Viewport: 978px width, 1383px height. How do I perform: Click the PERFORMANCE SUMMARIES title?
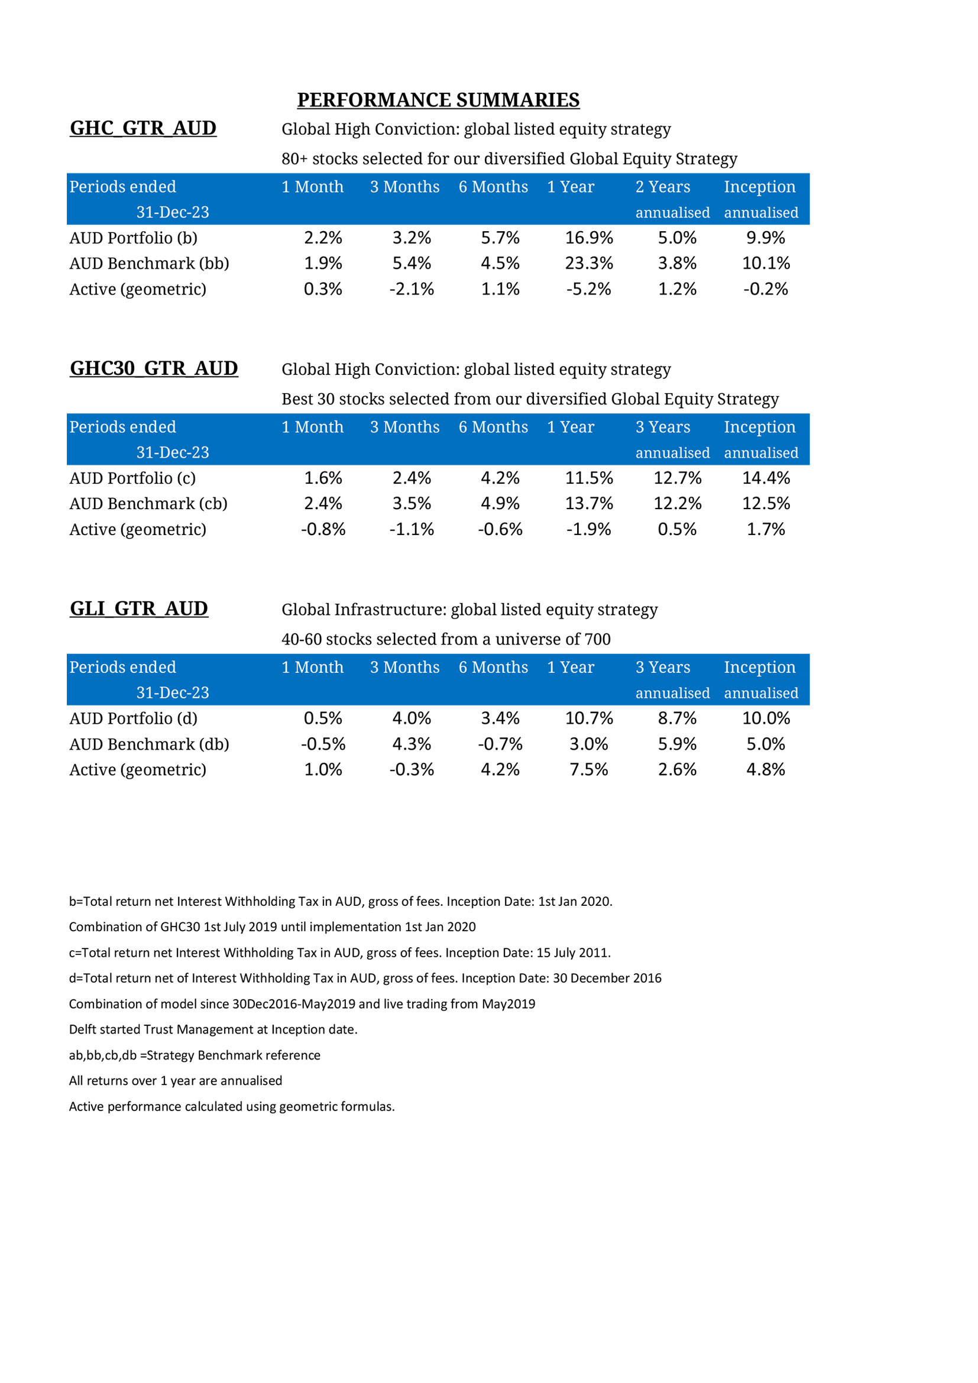[x=438, y=100]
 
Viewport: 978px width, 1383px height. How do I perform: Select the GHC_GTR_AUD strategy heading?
[x=143, y=128]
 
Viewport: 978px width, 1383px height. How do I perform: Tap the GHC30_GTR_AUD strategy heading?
[x=154, y=368]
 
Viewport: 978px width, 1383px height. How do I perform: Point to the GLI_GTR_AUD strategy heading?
[x=138, y=608]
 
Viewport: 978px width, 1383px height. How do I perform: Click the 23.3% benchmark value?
[x=588, y=263]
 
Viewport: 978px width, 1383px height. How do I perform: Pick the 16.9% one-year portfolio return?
[x=588, y=238]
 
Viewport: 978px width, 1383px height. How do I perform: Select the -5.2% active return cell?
[x=588, y=289]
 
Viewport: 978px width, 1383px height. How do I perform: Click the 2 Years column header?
[x=662, y=187]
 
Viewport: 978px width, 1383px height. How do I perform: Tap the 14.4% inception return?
[x=765, y=478]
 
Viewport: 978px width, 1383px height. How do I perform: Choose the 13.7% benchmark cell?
[x=588, y=504]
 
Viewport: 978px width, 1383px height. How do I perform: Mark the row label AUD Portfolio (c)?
[x=132, y=478]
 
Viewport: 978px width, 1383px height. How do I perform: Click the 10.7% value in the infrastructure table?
[x=588, y=718]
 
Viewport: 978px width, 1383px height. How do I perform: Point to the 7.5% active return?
[x=588, y=769]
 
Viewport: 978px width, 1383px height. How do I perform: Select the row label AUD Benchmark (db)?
[x=149, y=744]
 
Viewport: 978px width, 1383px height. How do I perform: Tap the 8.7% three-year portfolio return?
[x=677, y=718]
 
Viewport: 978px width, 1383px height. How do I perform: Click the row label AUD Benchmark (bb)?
[x=149, y=263]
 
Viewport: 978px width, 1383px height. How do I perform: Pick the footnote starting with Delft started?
[x=213, y=1029]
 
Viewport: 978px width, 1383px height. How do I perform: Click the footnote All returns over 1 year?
[x=175, y=1081]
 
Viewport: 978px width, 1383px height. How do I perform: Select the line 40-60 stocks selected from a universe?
[x=446, y=639]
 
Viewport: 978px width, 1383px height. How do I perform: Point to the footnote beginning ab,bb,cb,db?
[x=195, y=1055]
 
